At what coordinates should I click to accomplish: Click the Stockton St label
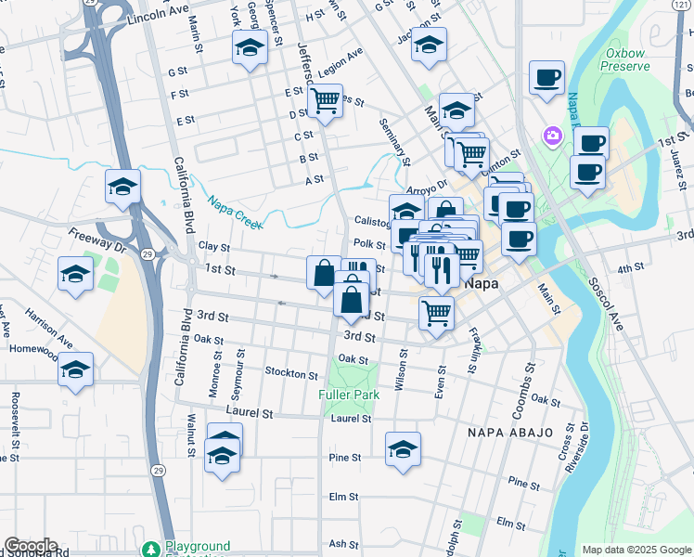pos(291,373)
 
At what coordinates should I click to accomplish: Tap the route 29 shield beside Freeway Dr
pos(146,253)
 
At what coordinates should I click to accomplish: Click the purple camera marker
pos(553,136)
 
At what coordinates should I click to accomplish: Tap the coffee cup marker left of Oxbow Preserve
pos(546,76)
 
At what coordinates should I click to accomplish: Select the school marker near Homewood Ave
pos(75,369)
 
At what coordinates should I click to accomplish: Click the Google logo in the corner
pos(30,546)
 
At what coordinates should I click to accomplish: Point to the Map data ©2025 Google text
pos(636,550)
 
